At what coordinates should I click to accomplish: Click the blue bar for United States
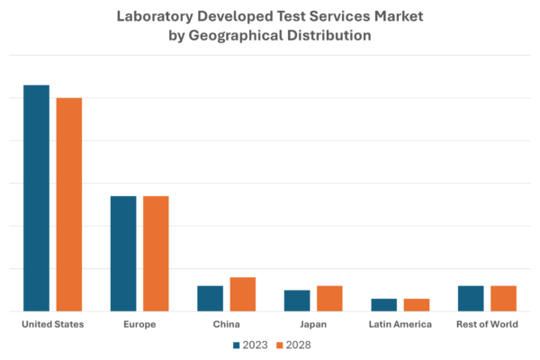(x=36, y=198)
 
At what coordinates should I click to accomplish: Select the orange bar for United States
(x=69, y=204)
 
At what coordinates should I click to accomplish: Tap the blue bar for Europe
(x=123, y=253)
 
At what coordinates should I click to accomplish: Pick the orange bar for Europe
(x=156, y=253)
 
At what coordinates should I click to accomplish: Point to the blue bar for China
(x=211, y=298)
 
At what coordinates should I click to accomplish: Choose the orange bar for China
(x=243, y=293)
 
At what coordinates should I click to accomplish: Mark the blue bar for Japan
(x=297, y=300)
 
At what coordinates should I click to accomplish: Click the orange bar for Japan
(x=329, y=298)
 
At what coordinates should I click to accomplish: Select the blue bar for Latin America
(x=384, y=304)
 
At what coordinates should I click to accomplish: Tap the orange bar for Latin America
(x=417, y=304)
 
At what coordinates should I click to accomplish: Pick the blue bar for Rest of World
(x=471, y=298)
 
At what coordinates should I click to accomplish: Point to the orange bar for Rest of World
(x=503, y=298)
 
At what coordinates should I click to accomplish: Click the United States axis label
(x=52, y=324)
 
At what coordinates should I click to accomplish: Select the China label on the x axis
(x=227, y=324)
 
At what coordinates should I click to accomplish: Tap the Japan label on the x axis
(x=313, y=324)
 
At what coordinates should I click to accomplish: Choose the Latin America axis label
(x=400, y=324)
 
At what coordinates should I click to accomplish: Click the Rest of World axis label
(x=487, y=324)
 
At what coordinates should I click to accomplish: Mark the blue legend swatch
(x=237, y=345)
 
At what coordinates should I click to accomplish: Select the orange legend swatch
(x=278, y=345)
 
